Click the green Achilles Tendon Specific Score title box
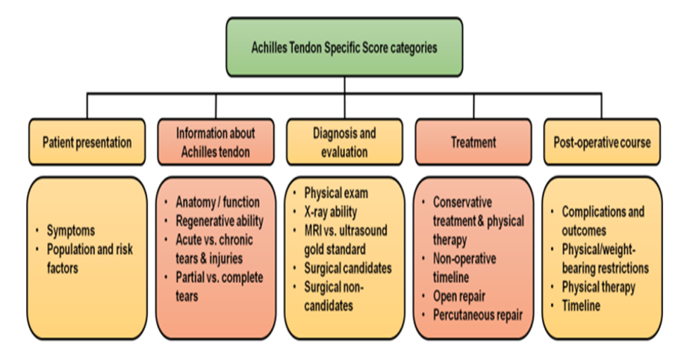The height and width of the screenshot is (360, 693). point(344,46)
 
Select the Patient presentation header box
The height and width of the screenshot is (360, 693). point(87,141)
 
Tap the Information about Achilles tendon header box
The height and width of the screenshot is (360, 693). point(215,142)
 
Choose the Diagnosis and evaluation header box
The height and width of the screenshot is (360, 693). point(344,142)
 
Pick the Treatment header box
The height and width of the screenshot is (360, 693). point(473,141)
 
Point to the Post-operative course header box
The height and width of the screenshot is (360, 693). point(602,141)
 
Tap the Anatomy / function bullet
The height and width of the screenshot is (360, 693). point(217,202)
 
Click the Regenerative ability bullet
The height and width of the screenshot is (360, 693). point(220,220)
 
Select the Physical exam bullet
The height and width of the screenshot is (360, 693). point(336,193)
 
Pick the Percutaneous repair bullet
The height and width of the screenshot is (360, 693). point(478,314)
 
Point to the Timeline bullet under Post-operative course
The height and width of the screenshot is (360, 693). point(580,305)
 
